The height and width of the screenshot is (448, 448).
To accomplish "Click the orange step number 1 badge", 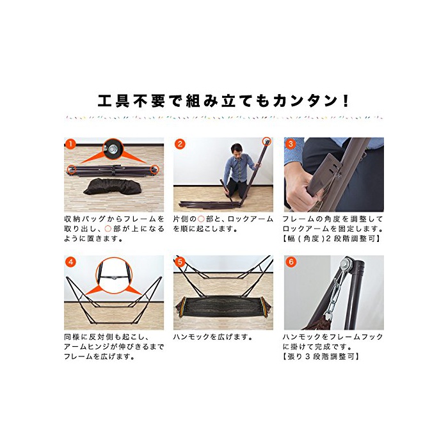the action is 70,144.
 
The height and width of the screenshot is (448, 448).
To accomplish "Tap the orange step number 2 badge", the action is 180,144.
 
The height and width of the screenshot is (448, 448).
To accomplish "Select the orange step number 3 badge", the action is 291,144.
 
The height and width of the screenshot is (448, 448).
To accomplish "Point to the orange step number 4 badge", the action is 70,262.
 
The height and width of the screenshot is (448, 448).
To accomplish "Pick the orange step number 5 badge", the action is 180,262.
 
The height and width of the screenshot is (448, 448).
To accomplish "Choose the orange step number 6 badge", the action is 291,262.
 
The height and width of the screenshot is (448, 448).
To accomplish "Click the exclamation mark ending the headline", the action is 346,100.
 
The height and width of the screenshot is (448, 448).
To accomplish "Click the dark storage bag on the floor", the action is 113,186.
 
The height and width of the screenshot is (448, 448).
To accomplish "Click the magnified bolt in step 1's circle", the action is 113,148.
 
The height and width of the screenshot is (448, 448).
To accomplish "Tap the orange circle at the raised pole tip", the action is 267,141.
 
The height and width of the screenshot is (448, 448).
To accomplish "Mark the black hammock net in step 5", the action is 223,307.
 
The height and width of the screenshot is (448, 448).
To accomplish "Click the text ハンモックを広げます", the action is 212,337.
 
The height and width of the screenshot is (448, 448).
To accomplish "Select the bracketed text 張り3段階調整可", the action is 321,356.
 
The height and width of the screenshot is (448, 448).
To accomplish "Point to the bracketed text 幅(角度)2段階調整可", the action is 332,238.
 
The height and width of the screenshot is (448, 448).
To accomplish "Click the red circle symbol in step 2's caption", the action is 201,219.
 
